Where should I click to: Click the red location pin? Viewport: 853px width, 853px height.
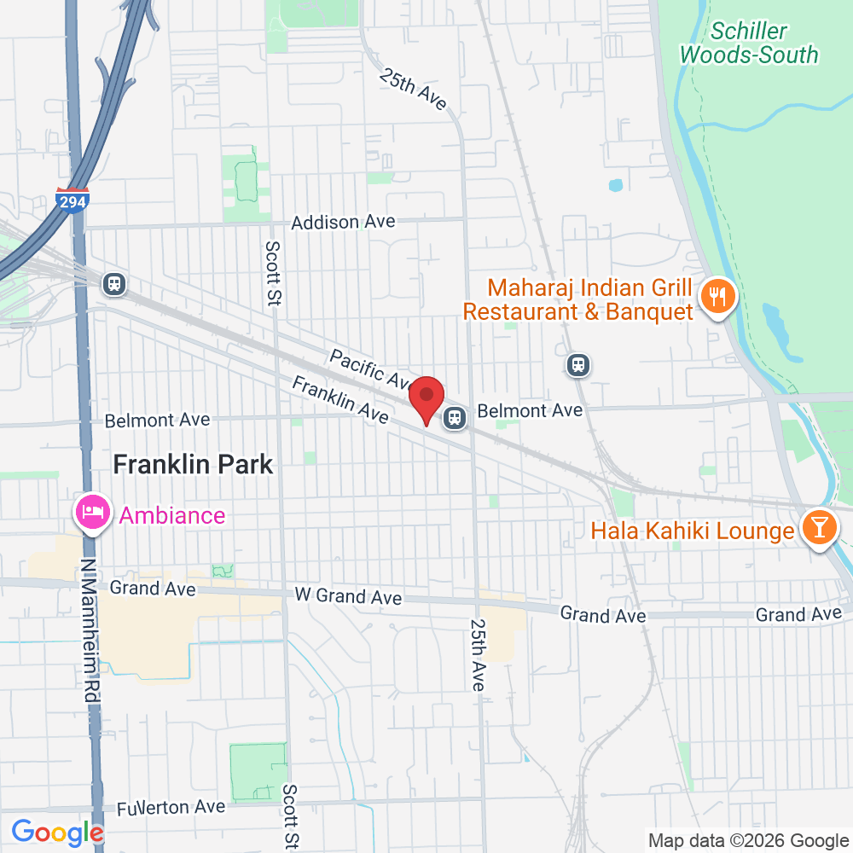[x=426, y=399]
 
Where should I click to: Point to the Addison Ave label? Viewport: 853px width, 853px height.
[x=343, y=222]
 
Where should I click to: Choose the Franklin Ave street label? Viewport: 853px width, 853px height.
[x=339, y=399]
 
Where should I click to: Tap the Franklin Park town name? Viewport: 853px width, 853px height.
[x=193, y=464]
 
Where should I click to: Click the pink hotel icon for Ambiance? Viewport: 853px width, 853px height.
[x=91, y=513]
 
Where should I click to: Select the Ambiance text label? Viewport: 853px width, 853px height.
[x=172, y=515]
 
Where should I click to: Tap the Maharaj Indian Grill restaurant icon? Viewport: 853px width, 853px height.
[x=716, y=296]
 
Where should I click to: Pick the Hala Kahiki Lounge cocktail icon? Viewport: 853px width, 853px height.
[x=819, y=529]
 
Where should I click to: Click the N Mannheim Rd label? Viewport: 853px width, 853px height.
[x=90, y=630]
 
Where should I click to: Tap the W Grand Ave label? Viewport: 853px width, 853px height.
[x=347, y=595]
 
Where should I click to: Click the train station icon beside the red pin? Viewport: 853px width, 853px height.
[x=455, y=418]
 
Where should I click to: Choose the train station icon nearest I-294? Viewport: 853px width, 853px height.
[x=113, y=283]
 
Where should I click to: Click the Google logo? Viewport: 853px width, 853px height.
[x=57, y=833]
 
